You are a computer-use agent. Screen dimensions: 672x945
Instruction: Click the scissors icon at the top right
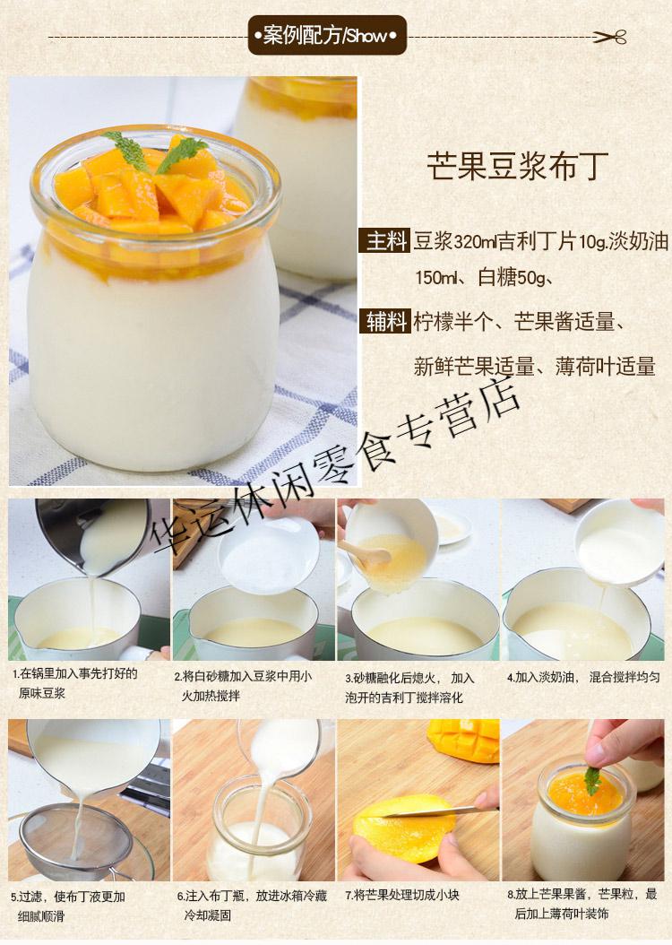click(x=610, y=37)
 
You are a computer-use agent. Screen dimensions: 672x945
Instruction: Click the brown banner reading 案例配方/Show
click(x=327, y=36)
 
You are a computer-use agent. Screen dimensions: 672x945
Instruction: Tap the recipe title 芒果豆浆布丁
click(x=518, y=165)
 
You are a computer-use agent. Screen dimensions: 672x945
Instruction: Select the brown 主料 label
click(x=384, y=241)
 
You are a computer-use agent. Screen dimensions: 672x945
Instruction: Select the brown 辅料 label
click(x=384, y=321)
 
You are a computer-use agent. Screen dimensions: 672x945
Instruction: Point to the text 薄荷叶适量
click(x=605, y=367)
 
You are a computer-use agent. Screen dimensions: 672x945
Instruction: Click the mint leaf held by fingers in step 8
click(x=593, y=780)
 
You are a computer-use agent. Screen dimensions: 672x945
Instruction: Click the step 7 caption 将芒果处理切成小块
click(x=402, y=895)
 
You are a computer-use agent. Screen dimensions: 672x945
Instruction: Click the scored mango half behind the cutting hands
click(x=463, y=740)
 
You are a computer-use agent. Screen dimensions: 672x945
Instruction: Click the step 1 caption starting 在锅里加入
click(x=75, y=683)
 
